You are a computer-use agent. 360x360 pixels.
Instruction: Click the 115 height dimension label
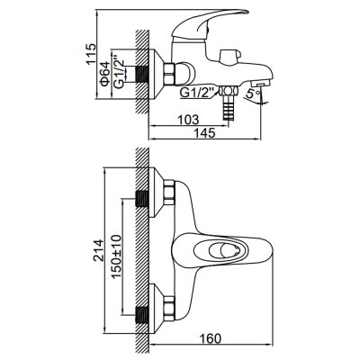[x=91, y=54]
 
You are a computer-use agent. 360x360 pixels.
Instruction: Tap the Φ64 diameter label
[x=104, y=75]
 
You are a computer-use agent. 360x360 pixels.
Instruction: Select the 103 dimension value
[x=188, y=120]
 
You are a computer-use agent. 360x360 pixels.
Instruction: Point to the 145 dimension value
[x=205, y=132]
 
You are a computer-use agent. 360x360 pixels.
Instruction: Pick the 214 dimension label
[x=98, y=251]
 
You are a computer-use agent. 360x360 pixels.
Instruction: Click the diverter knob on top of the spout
[x=229, y=57]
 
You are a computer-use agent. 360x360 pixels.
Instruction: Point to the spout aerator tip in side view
[x=259, y=84]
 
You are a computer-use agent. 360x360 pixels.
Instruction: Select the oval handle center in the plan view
[x=221, y=249]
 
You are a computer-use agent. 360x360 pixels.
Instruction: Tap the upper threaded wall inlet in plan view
[x=142, y=198]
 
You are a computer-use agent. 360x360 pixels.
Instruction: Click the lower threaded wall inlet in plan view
[x=142, y=314]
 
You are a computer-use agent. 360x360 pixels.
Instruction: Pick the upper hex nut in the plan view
[x=169, y=193]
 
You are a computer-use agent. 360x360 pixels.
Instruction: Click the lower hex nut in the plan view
[x=169, y=309]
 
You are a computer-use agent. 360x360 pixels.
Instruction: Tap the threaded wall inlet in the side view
[x=142, y=74]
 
